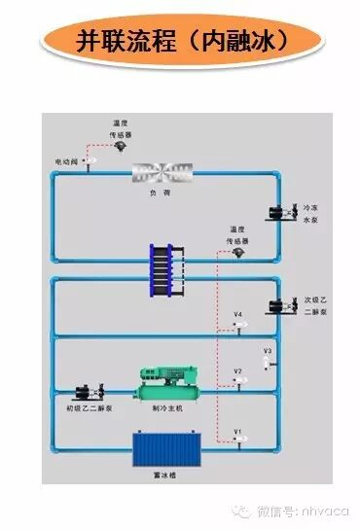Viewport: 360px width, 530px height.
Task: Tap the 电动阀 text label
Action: tap(68, 160)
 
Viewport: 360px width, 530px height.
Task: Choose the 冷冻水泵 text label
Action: tap(310, 214)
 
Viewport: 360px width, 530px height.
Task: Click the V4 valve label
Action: tap(237, 314)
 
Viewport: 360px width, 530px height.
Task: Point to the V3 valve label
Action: tap(268, 349)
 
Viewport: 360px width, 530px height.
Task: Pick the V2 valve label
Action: tap(237, 371)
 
